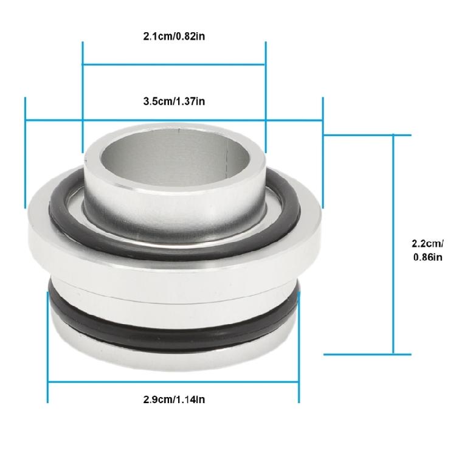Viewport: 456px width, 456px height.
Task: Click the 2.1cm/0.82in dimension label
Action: (x=173, y=36)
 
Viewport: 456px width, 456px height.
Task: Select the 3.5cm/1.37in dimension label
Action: (x=173, y=101)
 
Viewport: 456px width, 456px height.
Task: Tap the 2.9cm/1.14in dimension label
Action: (x=173, y=399)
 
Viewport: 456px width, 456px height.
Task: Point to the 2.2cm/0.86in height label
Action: (x=427, y=250)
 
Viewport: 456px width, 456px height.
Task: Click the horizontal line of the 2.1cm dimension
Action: (x=173, y=63)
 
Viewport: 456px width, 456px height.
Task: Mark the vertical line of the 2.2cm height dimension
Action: (x=394, y=243)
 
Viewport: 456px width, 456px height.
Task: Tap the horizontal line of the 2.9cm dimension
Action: (x=173, y=382)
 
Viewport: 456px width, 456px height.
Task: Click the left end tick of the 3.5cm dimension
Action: (x=26, y=152)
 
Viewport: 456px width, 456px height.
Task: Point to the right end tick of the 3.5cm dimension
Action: (x=322, y=152)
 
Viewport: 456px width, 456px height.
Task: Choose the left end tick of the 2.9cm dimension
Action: (x=48, y=347)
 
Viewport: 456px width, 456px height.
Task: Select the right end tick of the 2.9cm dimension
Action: (x=299, y=347)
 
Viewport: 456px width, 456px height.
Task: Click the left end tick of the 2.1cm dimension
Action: (x=83, y=97)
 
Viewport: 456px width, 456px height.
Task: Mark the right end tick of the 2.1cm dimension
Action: (x=266, y=97)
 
